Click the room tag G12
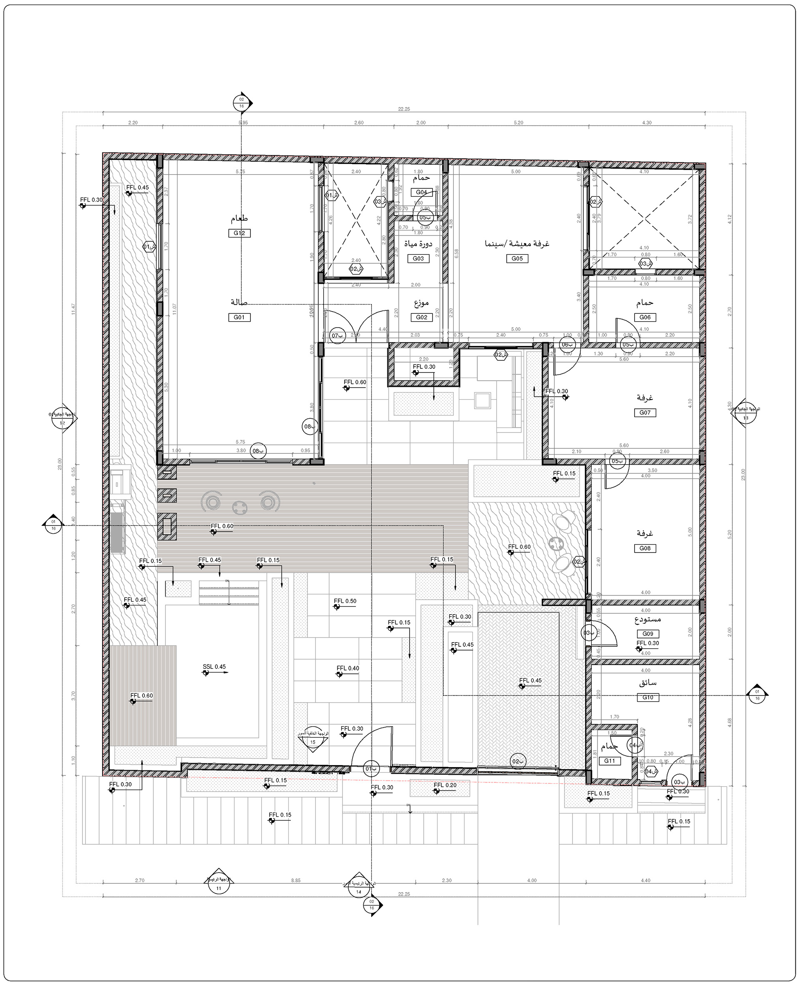[239, 233]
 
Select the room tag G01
[239, 317]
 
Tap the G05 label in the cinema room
[517, 258]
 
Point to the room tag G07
[645, 413]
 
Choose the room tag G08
[645, 548]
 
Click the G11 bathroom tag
[610, 761]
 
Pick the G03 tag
[418, 258]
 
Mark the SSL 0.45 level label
[214, 667]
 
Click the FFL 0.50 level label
[345, 601]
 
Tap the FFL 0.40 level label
[348, 668]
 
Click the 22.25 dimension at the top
[404, 109]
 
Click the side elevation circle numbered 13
[745, 418]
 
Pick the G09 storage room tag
[647, 634]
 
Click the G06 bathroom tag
[645, 317]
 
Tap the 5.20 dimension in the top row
[518, 123]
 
